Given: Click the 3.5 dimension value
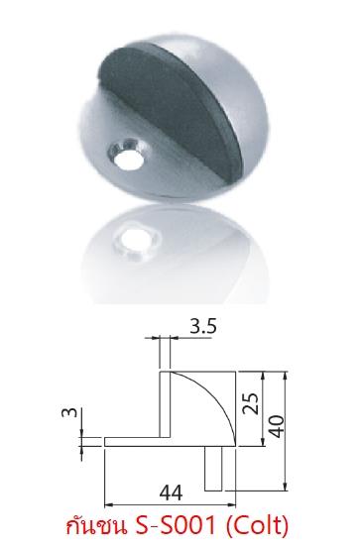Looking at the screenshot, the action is click(203, 327).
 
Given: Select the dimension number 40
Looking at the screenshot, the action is click(277, 426).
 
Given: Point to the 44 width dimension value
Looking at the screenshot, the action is click(171, 493).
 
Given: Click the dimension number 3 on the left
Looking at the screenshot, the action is click(69, 412).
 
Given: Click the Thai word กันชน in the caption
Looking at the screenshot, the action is click(96, 525).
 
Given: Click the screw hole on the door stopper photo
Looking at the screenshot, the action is click(129, 156).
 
